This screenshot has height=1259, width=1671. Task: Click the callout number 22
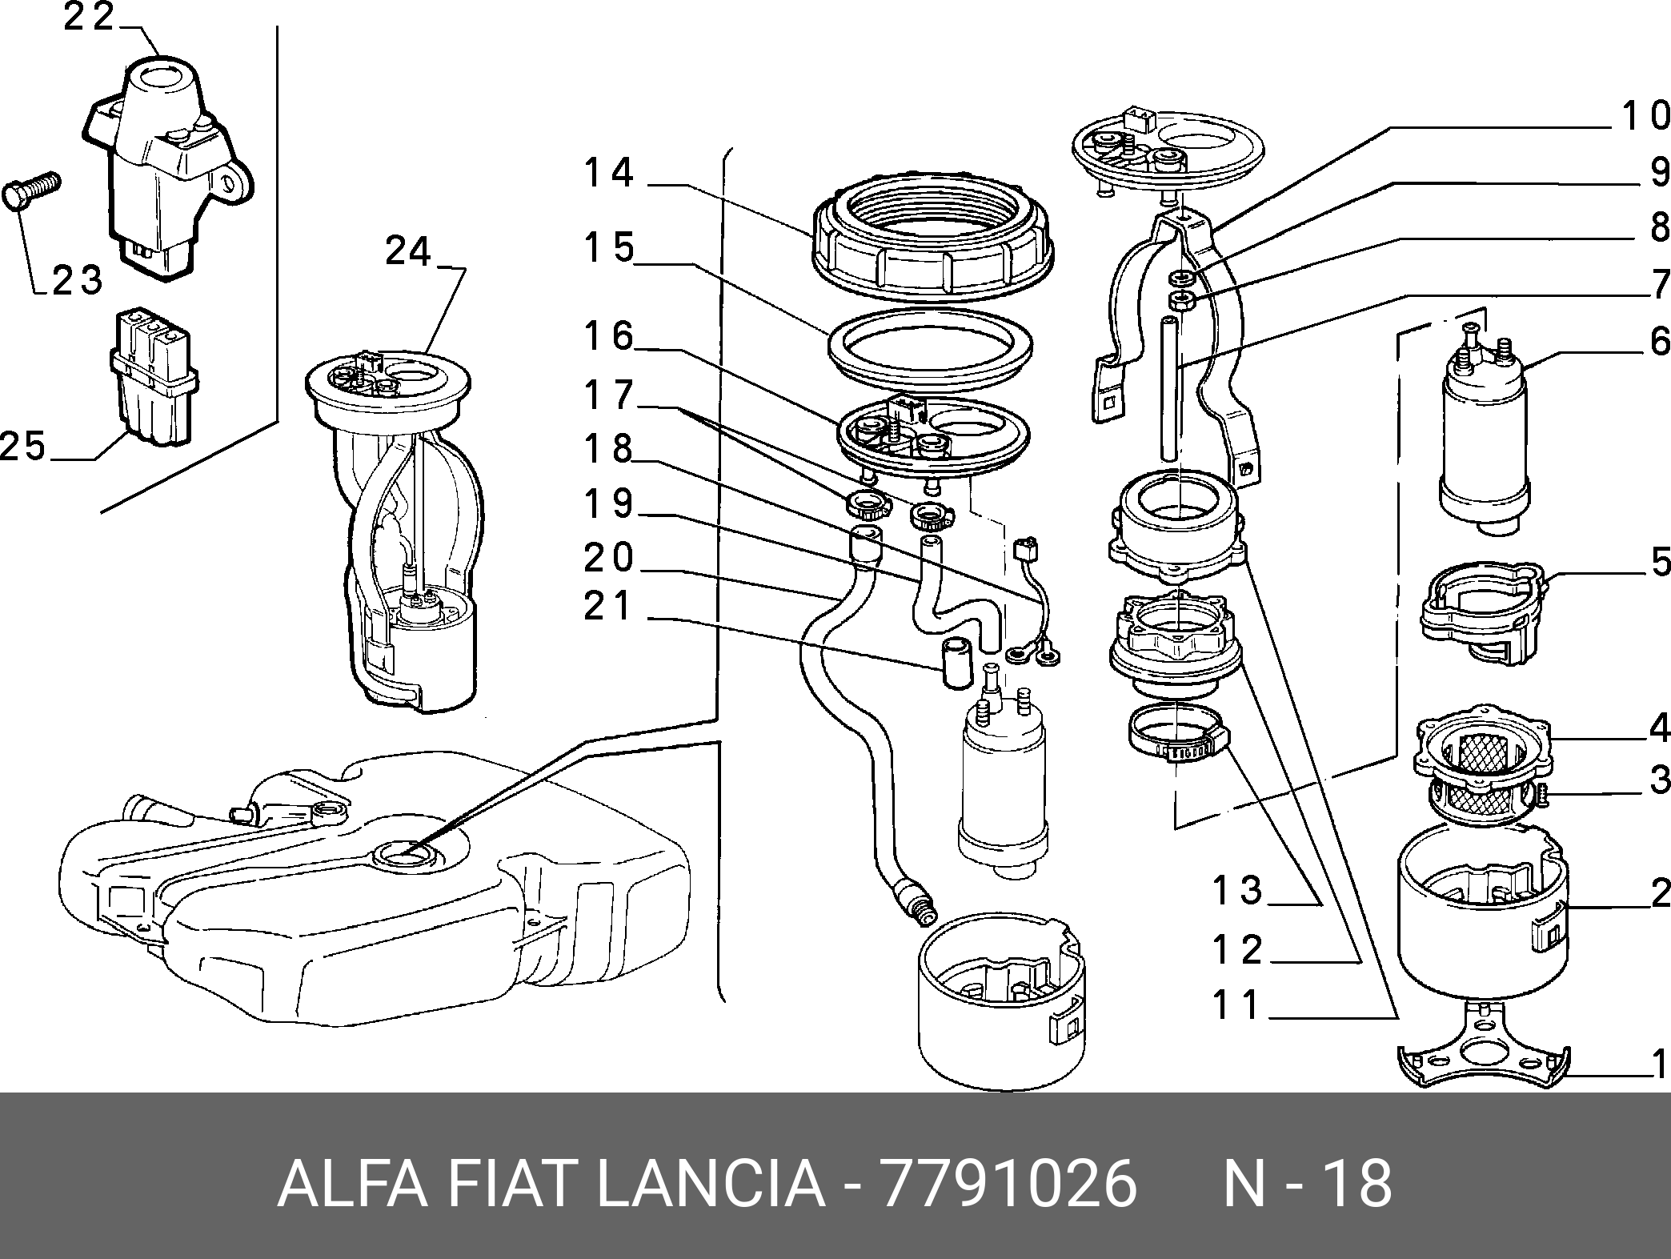89,18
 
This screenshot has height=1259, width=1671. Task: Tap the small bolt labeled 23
32,190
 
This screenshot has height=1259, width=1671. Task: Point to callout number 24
408,251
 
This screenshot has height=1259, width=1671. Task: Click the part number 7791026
1008,1183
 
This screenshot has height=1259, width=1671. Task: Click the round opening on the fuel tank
407,855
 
